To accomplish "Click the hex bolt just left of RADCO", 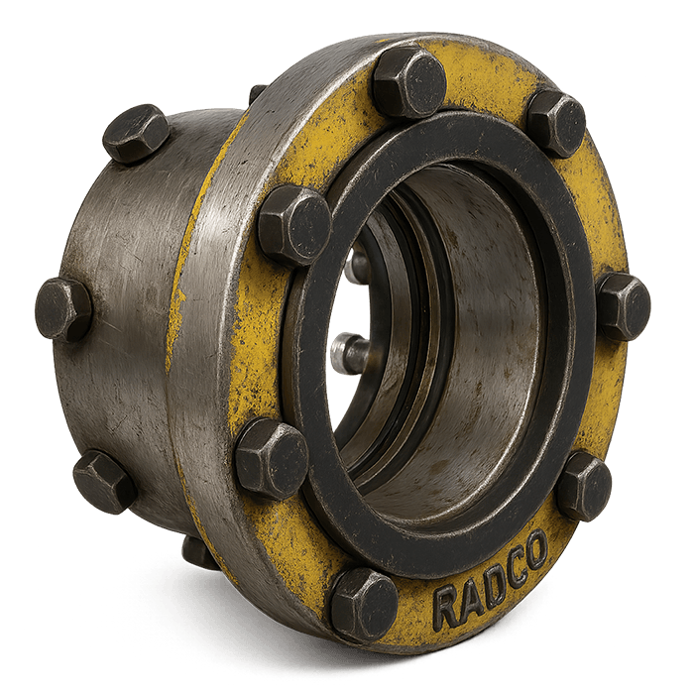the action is click(364, 603).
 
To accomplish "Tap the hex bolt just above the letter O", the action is click(584, 486).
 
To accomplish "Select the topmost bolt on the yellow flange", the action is click(408, 81).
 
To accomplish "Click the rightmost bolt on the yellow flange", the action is click(624, 306).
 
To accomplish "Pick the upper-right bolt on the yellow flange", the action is click(557, 122).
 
